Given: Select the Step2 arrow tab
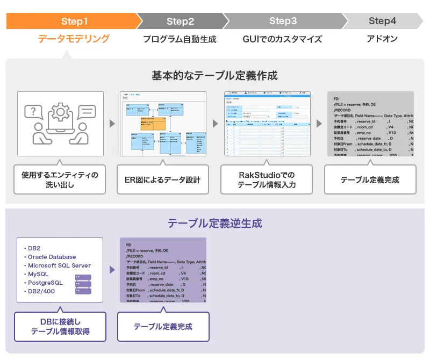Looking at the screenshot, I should (x=180, y=21).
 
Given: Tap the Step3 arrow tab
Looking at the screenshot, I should (x=283, y=21).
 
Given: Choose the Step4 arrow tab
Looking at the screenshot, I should (x=382, y=21).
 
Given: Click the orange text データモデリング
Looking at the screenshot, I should (x=74, y=39).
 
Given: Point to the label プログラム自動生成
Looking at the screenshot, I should (x=180, y=39).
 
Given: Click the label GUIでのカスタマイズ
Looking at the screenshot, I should (x=282, y=39).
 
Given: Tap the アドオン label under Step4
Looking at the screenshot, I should (x=382, y=39).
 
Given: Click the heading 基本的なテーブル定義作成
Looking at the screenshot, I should (x=214, y=75).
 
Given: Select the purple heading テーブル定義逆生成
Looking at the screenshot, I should (x=214, y=223).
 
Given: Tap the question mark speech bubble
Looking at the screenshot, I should (x=34, y=112).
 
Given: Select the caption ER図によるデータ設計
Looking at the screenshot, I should (x=163, y=179).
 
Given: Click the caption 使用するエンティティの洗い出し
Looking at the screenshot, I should (x=60, y=179).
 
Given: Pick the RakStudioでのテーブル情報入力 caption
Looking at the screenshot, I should (x=267, y=179).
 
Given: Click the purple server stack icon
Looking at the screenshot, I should (x=83, y=284).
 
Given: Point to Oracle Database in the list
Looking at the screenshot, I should (x=52, y=257).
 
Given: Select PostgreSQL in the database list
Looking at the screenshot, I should (x=46, y=283).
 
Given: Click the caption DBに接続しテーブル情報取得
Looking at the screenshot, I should (x=60, y=327).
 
